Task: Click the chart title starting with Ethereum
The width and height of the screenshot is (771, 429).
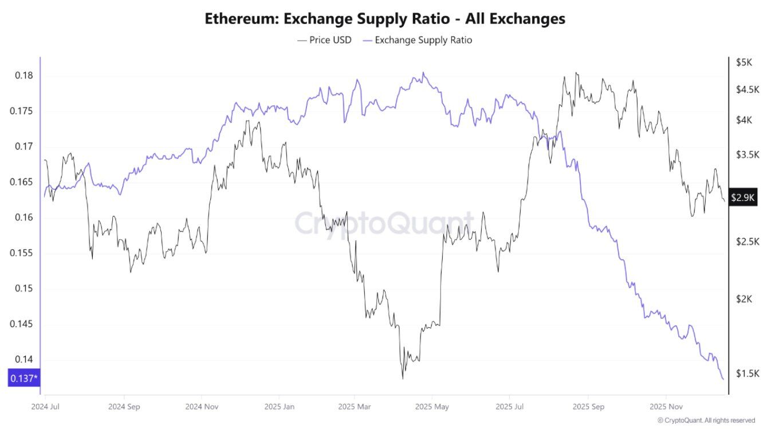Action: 385,19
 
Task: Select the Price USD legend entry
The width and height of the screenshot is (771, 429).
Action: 324,40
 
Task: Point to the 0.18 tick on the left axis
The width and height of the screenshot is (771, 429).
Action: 24,76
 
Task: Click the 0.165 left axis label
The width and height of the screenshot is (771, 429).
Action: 21,182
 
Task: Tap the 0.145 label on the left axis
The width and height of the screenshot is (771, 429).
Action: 21,324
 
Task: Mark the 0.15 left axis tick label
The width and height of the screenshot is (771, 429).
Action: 24,288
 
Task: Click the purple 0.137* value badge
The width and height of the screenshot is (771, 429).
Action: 23,378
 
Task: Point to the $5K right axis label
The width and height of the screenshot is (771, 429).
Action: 744,62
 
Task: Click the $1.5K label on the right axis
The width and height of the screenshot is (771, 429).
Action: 747,374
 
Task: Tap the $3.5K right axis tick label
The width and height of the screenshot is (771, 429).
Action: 747,154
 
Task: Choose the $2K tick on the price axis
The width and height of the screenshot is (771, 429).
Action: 745,299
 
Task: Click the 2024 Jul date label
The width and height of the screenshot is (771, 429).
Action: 46,407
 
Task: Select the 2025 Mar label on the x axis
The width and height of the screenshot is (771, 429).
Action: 354,407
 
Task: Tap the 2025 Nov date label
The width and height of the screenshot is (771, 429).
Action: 665,407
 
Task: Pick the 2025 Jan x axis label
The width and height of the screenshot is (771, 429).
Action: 278,407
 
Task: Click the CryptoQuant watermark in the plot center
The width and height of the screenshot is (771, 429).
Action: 384,223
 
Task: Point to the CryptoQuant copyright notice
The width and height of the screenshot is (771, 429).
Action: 706,420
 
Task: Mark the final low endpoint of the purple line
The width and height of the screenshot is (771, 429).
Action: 723,379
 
